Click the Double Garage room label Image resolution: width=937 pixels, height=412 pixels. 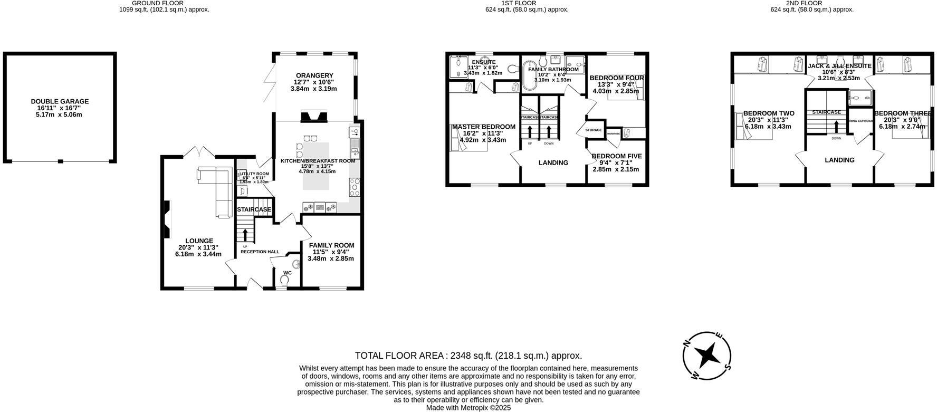[x=60, y=101]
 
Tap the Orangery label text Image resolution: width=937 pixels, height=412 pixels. [x=314, y=75]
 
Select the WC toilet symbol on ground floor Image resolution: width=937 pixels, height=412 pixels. [x=285, y=281]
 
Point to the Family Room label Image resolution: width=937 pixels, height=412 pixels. [x=331, y=245]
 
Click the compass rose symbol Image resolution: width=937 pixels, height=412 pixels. [x=707, y=356]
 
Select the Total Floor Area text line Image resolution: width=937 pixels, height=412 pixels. [x=468, y=356]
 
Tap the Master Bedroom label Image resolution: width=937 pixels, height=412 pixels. [x=483, y=127]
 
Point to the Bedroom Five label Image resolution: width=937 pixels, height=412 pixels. [x=616, y=156]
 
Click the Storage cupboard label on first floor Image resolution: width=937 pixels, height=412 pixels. [x=593, y=130]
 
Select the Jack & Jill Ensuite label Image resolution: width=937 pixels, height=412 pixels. [x=839, y=66]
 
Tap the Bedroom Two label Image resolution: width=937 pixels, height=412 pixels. [x=768, y=113]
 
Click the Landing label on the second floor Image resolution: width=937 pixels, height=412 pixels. [x=839, y=160]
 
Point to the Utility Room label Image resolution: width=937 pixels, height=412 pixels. [x=255, y=174]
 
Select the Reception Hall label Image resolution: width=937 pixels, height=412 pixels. [x=260, y=252]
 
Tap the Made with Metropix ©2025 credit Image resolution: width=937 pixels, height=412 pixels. [x=468, y=408]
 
